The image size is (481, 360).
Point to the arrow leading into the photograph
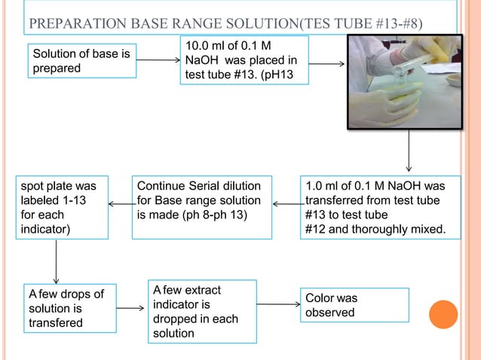pyautogui.click(x=326, y=63)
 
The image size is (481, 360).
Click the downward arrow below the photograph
pyautogui.click(x=409, y=151)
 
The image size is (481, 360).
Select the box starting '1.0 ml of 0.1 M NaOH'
pyautogui.click(x=380, y=207)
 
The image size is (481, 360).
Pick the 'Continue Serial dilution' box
pyautogui.click(x=201, y=207)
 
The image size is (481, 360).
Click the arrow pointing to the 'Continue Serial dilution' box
pyautogui.click(x=286, y=203)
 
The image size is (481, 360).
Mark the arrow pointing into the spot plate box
pyautogui.click(x=120, y=203)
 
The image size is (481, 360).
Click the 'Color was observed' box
pyautogui.click(x=354, y=305)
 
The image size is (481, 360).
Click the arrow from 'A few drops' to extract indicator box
pyautogui.click(x=132, y=309)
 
